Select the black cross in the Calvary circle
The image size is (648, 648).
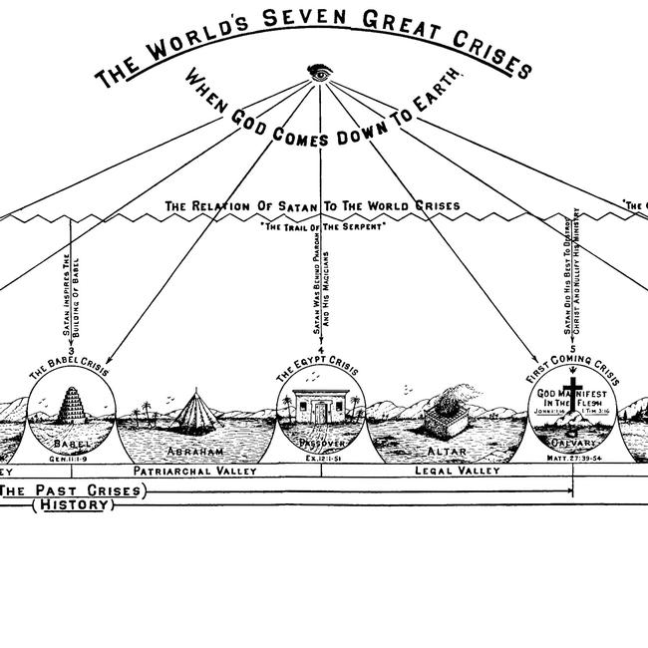[x=573, y=391]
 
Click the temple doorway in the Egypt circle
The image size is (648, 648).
[x=321, y=412]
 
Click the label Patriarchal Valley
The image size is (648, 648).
[x=195, y=471]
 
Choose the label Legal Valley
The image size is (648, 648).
[x=457, y=471]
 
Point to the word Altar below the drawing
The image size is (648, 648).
[x=449, y=449]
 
